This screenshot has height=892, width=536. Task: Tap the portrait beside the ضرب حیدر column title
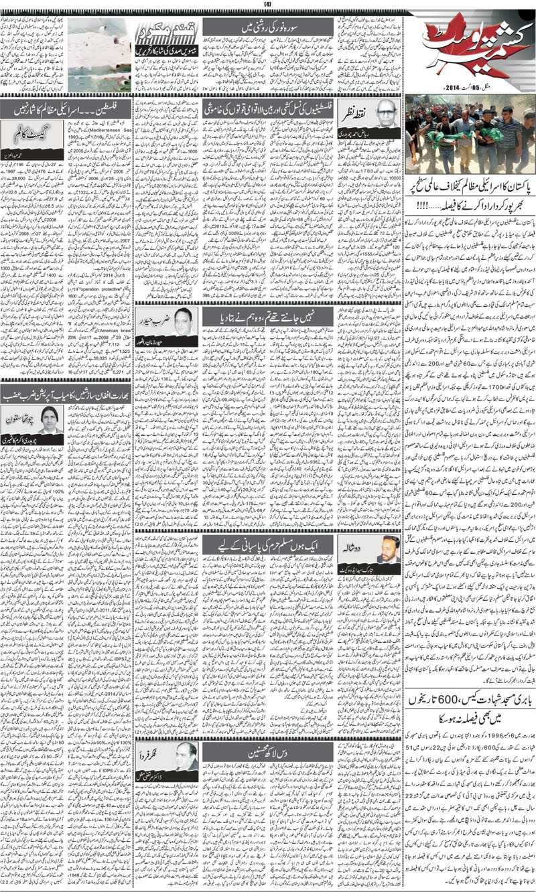(x=182, y=321)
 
